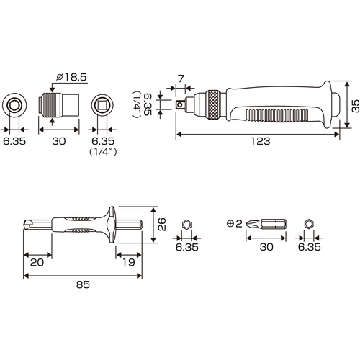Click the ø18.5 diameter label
71,77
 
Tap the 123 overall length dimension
261,141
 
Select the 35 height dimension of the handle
356,106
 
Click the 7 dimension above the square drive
181,78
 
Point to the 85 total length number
83,284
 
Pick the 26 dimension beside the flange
162,224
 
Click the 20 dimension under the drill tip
37,262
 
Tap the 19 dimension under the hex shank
129,262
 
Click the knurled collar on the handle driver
213,104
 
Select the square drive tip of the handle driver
180,104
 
